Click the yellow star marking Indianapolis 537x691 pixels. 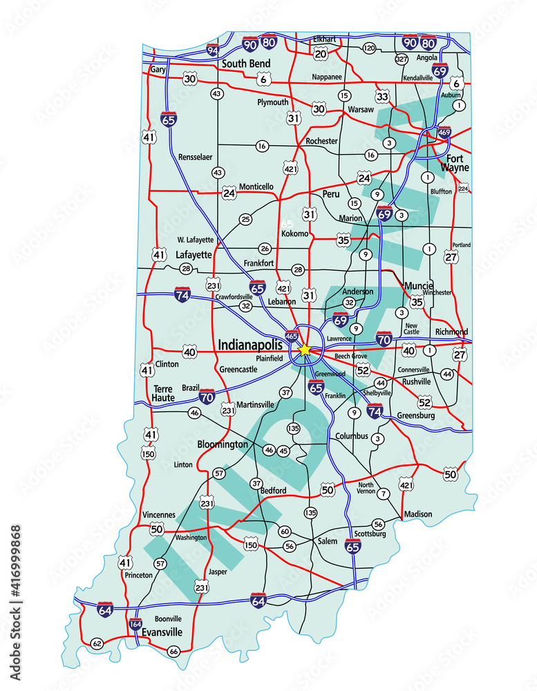tap(305, 350)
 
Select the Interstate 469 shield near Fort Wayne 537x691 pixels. tap(444, 132)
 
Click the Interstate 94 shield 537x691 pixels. tap(213, 50)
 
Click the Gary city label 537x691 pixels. tap(159, 70)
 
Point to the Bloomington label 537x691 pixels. tap(222, 444)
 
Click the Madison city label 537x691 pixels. tap(418, 514)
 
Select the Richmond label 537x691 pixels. tap(451, 332)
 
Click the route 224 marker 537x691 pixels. tap(463, 188)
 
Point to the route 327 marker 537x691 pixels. tap(402, 59)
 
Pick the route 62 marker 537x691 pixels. tap(97, 643)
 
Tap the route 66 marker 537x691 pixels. tap(173, 651)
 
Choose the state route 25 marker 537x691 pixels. tap(245, 219)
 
